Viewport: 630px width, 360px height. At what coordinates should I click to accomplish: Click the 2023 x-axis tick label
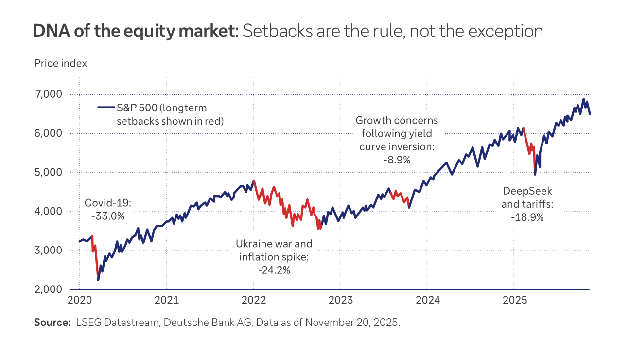(340, 300)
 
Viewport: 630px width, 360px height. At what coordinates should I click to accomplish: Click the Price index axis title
(60, 63)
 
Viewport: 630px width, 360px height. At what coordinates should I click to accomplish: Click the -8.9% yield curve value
(396, 159)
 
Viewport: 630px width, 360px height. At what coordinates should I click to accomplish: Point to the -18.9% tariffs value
(527, 217)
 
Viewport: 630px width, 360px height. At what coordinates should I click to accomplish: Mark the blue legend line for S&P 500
(106, 108)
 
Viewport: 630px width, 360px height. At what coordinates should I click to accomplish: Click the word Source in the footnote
(52, 323)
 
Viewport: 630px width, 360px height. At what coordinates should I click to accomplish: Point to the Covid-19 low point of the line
(98, 280)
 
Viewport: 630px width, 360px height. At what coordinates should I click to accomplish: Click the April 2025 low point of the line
(535, 174)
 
